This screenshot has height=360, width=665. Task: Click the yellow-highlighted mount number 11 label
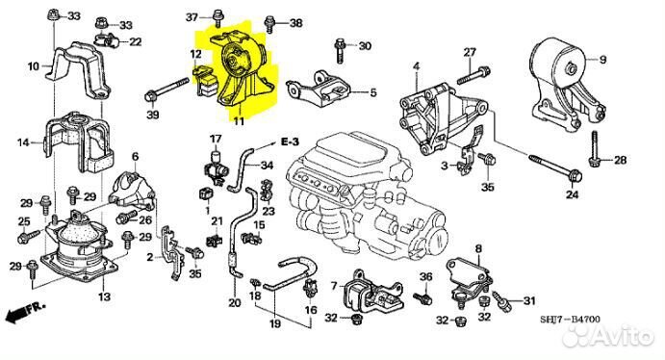[239, 121]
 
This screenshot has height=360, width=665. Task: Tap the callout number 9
[602, 60]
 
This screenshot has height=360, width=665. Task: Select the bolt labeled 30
[340, 50]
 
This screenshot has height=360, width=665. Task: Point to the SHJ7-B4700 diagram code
[570, 320]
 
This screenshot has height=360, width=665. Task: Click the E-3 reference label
[290, 142]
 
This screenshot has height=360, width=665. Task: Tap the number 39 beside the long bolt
[153, 114]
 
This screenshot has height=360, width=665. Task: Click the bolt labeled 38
[269, 24]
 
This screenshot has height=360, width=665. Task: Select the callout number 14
[23, 142]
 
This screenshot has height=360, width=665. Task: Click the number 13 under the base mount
[104, 296]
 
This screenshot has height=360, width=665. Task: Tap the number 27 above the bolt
[470, 53]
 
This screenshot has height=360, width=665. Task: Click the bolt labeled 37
[217, 18]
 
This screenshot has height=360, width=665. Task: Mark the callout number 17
[216, 139]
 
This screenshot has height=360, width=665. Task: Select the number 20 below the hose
[235, 303]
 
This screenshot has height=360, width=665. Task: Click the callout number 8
[478, 249]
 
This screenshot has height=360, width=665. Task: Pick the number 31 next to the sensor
[529, 300]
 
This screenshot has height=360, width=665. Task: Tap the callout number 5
[373, 92]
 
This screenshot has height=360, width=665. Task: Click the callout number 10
[34, 66]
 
